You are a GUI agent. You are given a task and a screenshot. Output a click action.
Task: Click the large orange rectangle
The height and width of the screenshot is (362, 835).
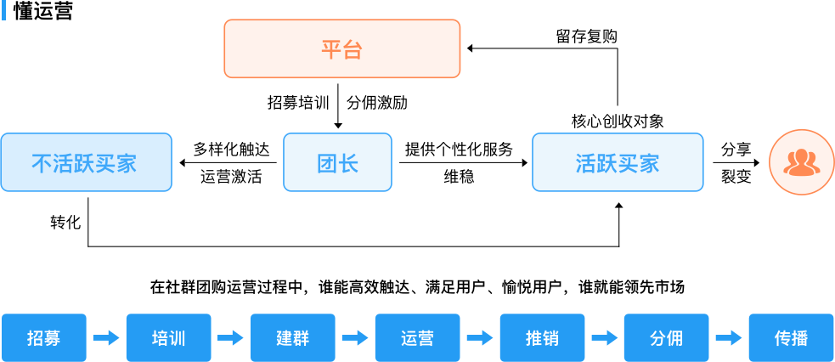342,48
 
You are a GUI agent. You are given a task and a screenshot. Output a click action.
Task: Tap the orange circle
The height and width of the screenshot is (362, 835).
801,161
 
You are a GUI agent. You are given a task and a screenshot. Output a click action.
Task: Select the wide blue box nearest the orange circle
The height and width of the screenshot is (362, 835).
618,161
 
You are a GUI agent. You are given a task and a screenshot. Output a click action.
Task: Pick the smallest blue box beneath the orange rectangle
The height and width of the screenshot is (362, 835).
337,161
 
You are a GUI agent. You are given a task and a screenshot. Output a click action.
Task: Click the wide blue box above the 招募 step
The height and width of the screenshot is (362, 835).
86,161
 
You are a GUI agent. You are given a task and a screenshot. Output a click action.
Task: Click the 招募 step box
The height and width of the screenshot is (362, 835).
44,338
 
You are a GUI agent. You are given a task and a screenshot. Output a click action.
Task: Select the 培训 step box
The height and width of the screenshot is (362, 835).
168,338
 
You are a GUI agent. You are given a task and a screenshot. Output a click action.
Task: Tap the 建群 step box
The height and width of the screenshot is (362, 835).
293,338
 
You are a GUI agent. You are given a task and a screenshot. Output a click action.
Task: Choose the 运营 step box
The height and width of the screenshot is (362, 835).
417,338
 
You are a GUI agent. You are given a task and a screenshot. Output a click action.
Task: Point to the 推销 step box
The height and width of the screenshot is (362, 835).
542,338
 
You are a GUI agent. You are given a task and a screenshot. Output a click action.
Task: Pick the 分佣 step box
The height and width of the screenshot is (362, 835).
666,338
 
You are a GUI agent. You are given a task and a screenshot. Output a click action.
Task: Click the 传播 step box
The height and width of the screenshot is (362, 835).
791,338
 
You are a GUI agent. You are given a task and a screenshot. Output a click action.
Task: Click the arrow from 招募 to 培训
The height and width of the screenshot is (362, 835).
106,338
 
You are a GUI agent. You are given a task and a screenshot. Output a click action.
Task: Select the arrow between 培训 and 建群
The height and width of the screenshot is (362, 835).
230,338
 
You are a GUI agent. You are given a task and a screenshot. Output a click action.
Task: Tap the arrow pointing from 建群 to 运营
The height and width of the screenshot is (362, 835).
355,338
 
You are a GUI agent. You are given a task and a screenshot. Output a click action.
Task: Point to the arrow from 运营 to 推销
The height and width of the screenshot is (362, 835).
480,338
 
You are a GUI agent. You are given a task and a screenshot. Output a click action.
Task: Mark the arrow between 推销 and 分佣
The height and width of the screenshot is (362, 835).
604,338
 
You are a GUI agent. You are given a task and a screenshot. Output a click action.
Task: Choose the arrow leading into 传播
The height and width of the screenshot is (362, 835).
729,338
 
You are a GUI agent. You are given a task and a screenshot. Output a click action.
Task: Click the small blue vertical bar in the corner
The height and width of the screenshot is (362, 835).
3,11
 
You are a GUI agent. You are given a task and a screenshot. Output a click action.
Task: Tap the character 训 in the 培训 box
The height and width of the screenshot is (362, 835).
178,338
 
